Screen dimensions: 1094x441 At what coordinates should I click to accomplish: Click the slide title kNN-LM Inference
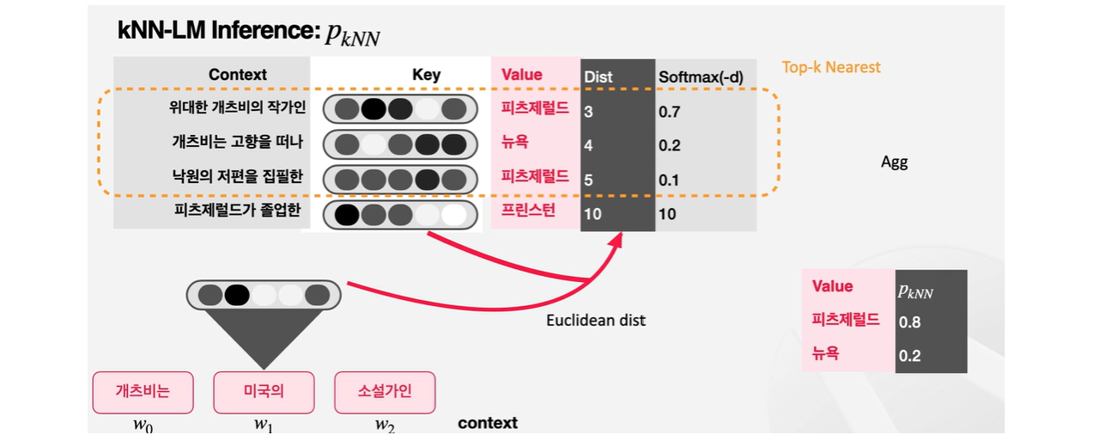point(219,32)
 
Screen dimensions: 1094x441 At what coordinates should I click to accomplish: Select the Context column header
point(238,75)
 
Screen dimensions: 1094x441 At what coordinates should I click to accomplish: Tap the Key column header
point(426,75)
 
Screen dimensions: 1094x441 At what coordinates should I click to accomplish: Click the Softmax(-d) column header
point(701,77)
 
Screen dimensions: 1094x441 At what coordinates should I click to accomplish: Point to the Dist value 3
point(588,112)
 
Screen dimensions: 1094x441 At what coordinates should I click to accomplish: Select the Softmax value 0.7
point(669,112)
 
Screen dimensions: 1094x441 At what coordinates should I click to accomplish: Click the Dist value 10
point(593,213)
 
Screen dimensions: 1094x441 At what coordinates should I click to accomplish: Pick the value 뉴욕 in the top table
point(517,144)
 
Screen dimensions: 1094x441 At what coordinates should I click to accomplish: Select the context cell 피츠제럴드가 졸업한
point(236,211)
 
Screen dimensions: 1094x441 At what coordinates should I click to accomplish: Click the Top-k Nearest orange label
point(830,67)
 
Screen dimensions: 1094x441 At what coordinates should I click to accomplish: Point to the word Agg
point(894,162)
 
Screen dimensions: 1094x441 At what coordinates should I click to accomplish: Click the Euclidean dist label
point(595,321)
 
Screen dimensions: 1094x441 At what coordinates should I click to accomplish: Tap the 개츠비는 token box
point(143,391)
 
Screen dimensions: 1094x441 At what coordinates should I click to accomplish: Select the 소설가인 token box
point(385,391)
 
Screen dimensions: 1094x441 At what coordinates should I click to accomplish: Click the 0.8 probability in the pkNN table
point(909,322)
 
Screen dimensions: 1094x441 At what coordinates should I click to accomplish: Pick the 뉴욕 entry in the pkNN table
point(826,353)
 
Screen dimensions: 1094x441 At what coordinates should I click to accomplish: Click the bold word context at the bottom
point(488,423)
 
